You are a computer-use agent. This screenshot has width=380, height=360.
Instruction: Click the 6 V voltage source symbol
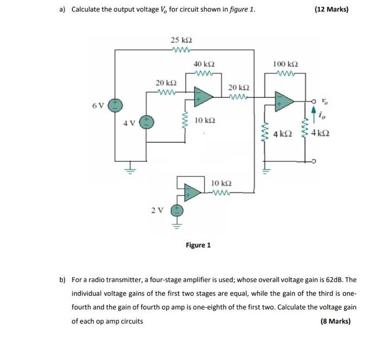(x=115, y=105)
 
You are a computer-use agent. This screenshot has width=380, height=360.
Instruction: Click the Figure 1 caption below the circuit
(x=198, y=245)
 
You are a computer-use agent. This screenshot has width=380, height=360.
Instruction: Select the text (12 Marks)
(x=331, y=10)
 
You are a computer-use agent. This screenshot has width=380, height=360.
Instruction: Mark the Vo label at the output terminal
(x=325, y=100)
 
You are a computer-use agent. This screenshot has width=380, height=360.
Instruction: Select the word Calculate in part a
(x=88, y=10)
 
